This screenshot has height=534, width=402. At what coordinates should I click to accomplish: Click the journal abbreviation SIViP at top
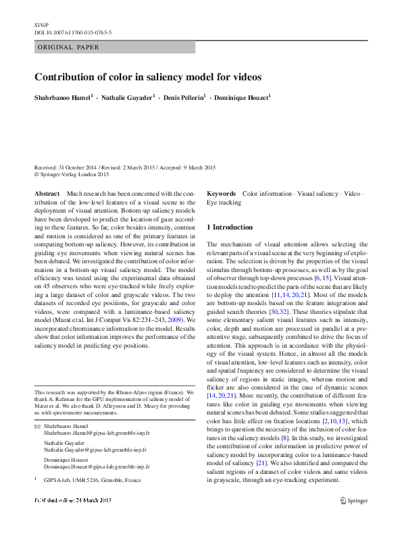click(x=41, y=24)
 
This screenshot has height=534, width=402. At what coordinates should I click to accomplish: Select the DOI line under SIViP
click(x=73, y=32)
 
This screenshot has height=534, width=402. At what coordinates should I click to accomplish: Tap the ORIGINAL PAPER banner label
click(x=68, y=47)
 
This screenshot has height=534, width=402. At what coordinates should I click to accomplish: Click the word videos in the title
click(x=245, y=77)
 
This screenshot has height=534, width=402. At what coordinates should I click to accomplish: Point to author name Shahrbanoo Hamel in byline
click(x=64, y=98)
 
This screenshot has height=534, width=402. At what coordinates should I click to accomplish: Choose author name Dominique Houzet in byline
click(x=241, y=98)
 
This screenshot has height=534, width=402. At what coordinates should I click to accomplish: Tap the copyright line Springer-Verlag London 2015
click(x=74, y=174)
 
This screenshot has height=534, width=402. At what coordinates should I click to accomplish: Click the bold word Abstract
click(x=47, y=194)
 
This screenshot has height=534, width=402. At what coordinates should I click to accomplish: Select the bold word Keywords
click(x=221, y=194)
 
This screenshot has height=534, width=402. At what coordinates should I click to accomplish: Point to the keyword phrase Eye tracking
click(x=224, y=203)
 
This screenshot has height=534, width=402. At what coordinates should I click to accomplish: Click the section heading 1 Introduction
click(x=229, y=228)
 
